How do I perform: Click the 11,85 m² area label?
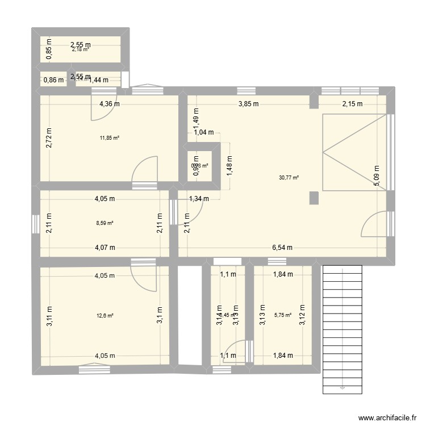point(110,137)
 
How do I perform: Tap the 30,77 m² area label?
point(289,177)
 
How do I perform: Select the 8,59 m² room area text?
point(105,223)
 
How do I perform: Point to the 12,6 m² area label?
point(105,315)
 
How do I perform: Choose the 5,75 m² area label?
point(282,315)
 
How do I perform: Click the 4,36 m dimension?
point(110,104)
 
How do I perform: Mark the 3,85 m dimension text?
point(248,104)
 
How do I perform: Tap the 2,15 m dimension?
point(352,104)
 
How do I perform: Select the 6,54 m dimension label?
point(282,248)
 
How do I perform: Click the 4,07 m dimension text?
point(105,248)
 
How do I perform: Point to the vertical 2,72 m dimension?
point(49,137)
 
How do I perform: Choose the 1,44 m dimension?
point(98,80)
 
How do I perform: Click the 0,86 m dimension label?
point(53,80)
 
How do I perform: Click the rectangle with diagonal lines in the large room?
point(353,152)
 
